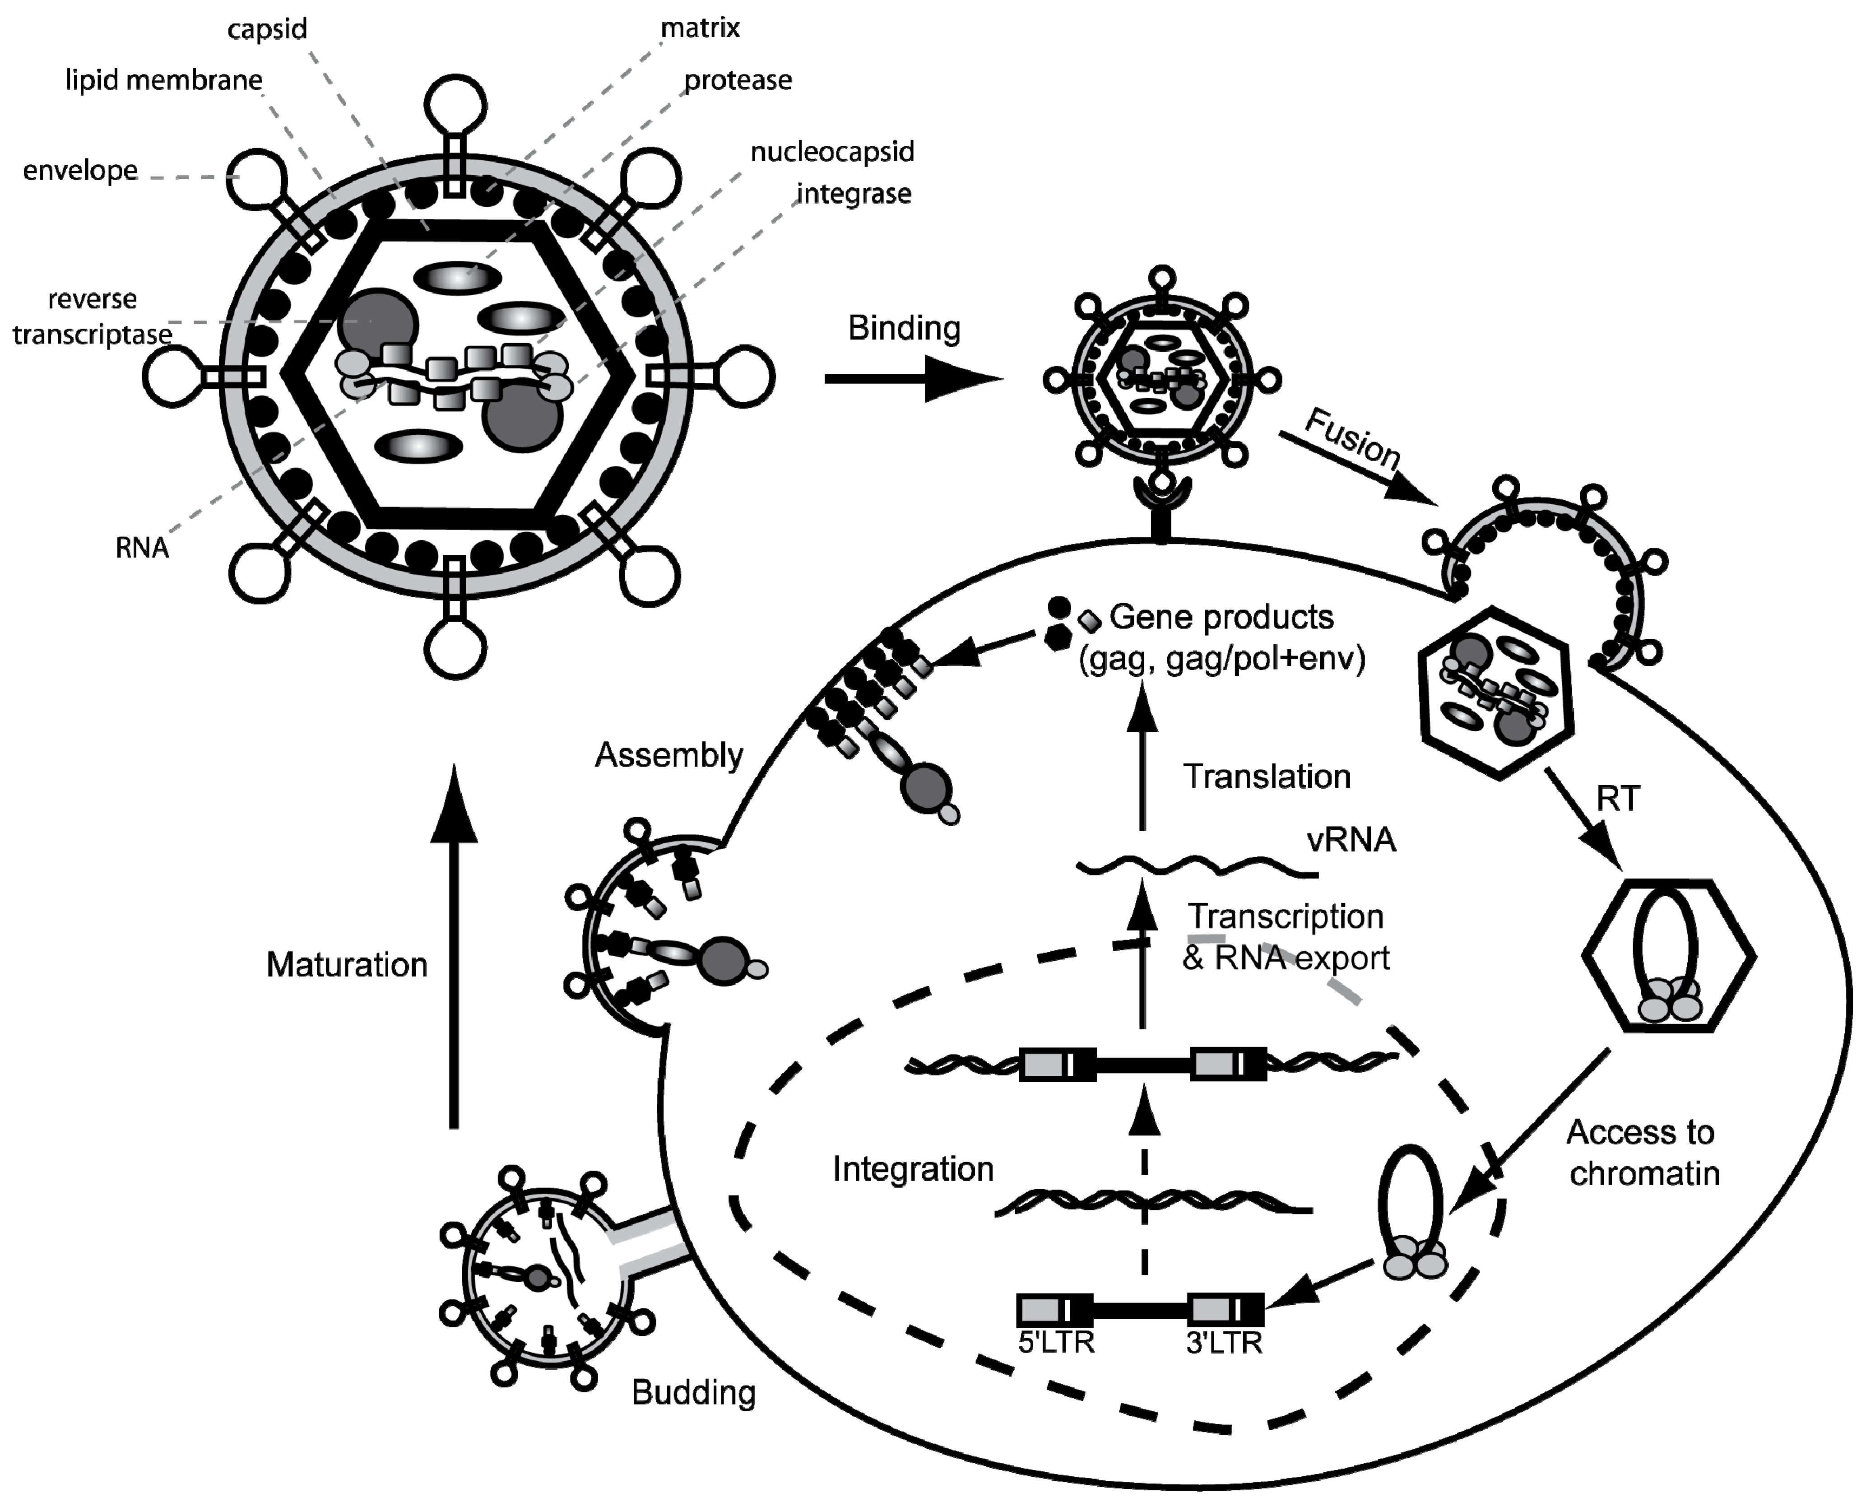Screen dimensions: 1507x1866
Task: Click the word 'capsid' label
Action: click(x=267, y=29)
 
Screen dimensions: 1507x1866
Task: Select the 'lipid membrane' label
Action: click(x=164, y=81)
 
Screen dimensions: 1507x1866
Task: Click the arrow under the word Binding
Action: click(x=911, y=379)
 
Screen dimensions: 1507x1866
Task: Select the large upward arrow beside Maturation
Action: click(x=454, y=946)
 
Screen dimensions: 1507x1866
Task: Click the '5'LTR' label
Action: click(x=1055, y=1343)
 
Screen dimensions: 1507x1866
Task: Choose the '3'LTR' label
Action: click(x=1224, y=1343)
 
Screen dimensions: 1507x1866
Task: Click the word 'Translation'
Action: click(x=1267, y=777)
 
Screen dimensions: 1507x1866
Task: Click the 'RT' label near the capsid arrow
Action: click(x=1618, y=799)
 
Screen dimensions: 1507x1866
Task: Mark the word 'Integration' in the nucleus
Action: click(x=913, y=1169)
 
